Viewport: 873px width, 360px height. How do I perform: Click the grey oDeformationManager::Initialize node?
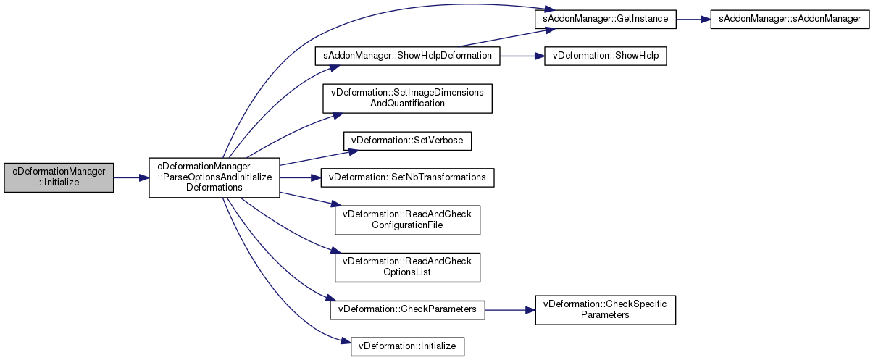(x=59, y=177)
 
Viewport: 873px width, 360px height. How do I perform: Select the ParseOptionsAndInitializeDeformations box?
(x=214, y=177)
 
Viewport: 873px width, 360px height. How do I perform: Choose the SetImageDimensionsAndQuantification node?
(x=407, y=98)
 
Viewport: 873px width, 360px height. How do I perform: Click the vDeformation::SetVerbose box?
(x=407, y=140)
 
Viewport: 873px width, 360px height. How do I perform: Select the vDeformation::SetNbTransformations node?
(x=407, y=177)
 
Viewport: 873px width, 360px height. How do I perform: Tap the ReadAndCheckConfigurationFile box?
(x=407, y=219)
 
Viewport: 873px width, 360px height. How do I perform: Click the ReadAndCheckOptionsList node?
(x=407, y=267)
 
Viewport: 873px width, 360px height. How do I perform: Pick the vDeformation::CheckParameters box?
(x=407, y=309)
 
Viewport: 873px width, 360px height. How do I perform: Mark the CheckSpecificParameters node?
(x=605, y=309)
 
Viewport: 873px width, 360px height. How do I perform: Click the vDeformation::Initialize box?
(x=407, y=346)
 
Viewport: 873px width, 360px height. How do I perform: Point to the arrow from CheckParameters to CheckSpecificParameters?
(x=509, y=309)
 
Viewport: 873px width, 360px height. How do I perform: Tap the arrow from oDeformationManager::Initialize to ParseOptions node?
(x=130, y=177)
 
